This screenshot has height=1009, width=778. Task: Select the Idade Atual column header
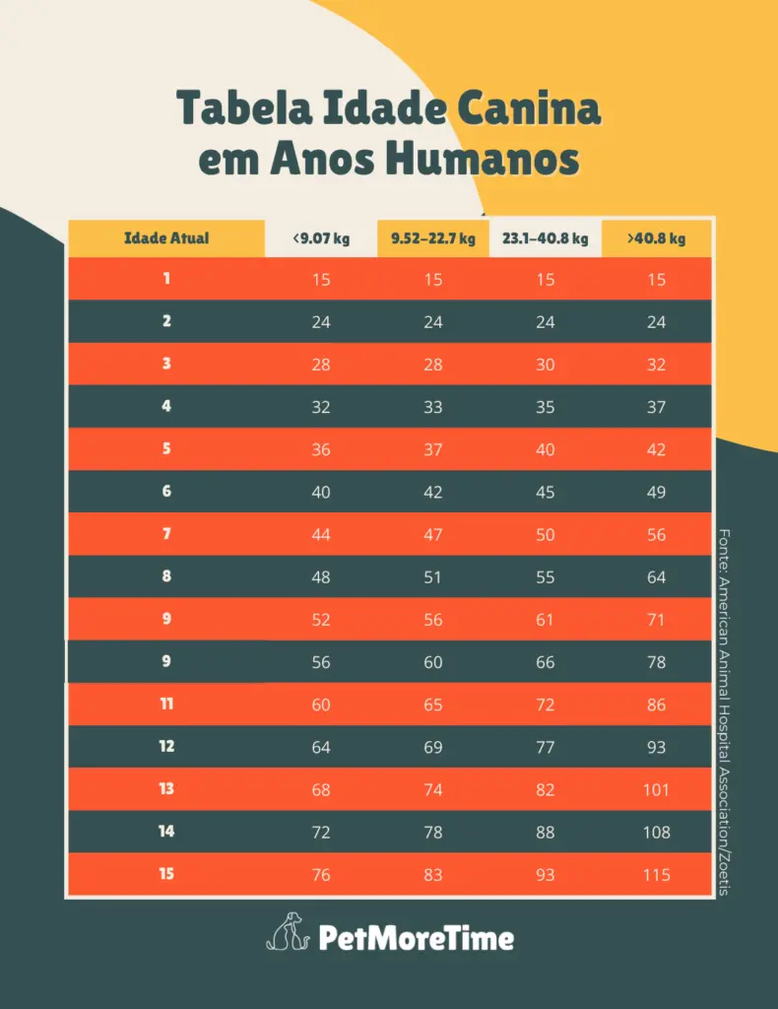166,238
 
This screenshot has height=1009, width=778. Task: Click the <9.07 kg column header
321,238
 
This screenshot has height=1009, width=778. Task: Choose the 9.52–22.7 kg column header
433,238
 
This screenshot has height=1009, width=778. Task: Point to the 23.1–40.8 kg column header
545,238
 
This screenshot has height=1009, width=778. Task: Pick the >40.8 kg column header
657,238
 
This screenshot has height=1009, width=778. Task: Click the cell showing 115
657,875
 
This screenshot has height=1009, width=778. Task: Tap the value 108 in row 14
657,833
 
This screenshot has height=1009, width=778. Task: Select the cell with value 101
657,790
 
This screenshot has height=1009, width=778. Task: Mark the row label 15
166,874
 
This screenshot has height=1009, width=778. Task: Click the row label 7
166,534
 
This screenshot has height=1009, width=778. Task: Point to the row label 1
166,279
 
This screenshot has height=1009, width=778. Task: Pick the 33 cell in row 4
433,407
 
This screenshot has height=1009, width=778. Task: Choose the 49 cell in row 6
657,492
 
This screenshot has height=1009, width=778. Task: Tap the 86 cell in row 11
657,705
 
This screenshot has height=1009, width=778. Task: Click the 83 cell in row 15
433,875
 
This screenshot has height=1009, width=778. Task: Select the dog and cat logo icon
288,931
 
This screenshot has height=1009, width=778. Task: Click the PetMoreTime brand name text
416,936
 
